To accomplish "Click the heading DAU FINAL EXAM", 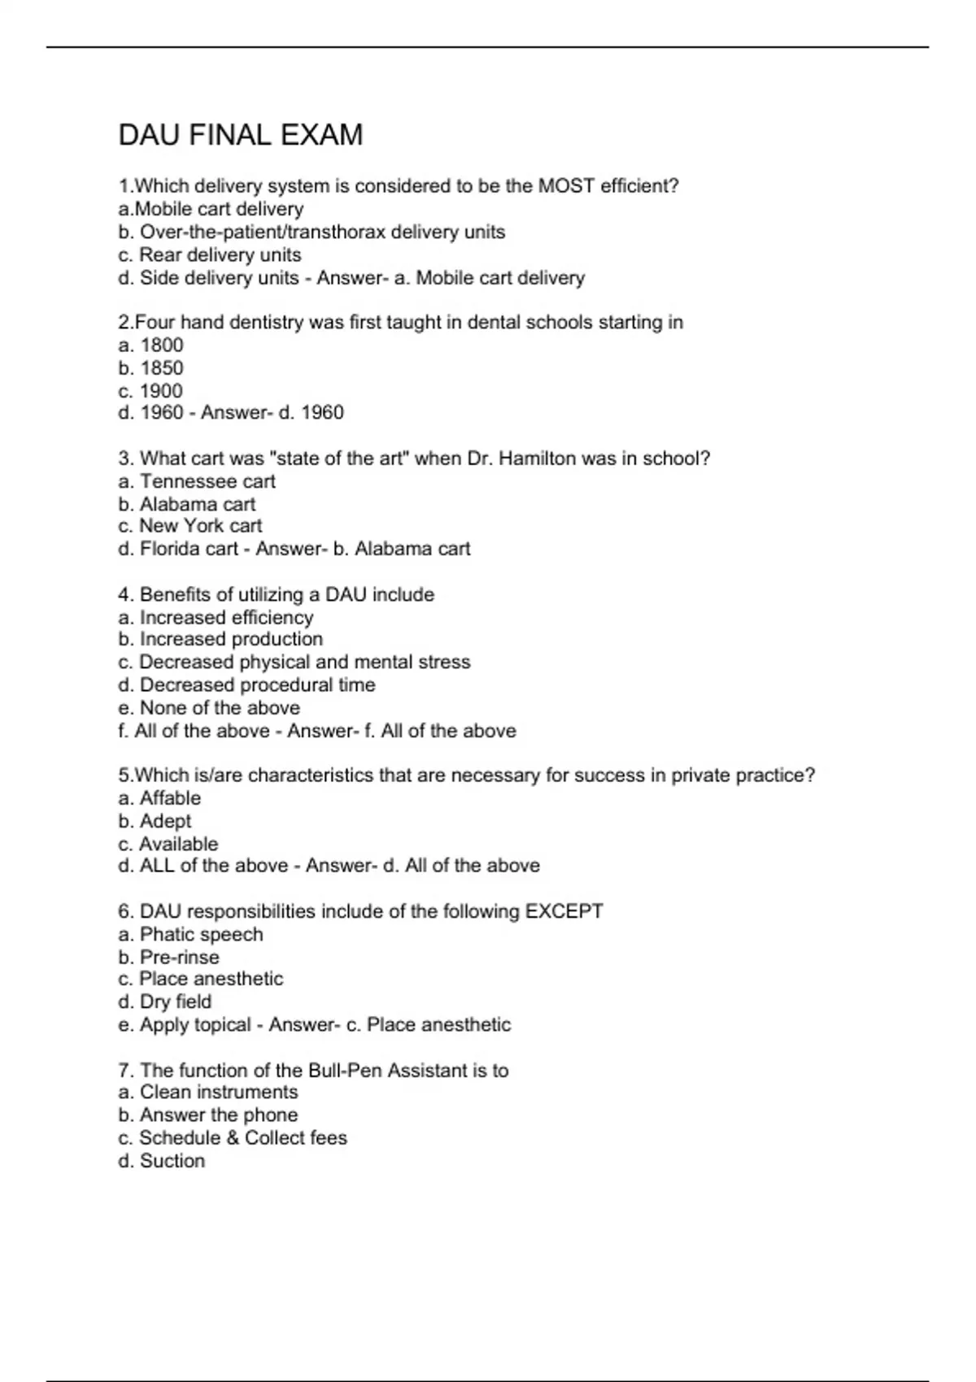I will (x=241, y=135).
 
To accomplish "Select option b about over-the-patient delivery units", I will (x=312, y=233).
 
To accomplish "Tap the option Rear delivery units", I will (x=210, y=255).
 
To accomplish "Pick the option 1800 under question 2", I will (x=151, y=345).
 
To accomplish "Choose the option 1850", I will (x=151, y=368).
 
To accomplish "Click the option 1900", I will (x=151, y=391).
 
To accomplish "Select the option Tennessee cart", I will (x=197, y=481).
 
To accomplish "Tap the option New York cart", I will (x=190, y=526).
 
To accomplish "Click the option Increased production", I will (x=220, y=640).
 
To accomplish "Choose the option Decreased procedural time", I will (x=246, y=685).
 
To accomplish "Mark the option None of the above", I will (x=209, y=708).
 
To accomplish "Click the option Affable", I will (x=159, y=798).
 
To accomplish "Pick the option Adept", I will (x=155, y=821).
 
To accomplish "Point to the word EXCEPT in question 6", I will (x=564, y=911).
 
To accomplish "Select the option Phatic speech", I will (x=190, y=935).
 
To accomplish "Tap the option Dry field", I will (x=165, y=1002).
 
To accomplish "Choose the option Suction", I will (x=162, y=1161).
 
